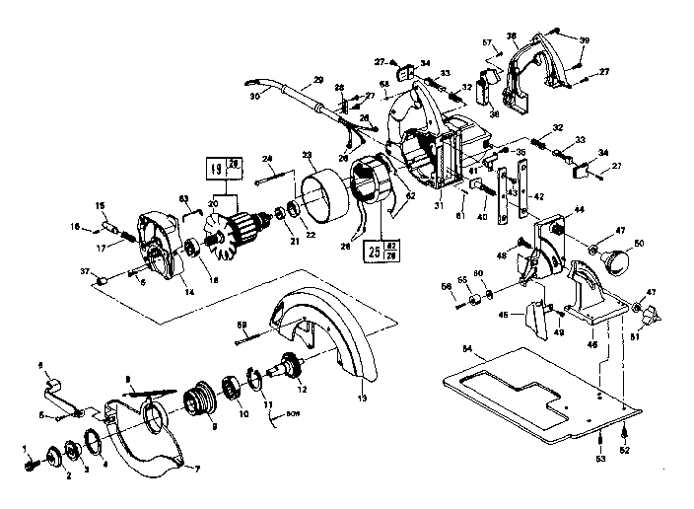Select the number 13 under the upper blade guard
pyautogui.click(x=361, y=398)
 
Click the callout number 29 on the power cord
pyautogui.click(x=318, y=80)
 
